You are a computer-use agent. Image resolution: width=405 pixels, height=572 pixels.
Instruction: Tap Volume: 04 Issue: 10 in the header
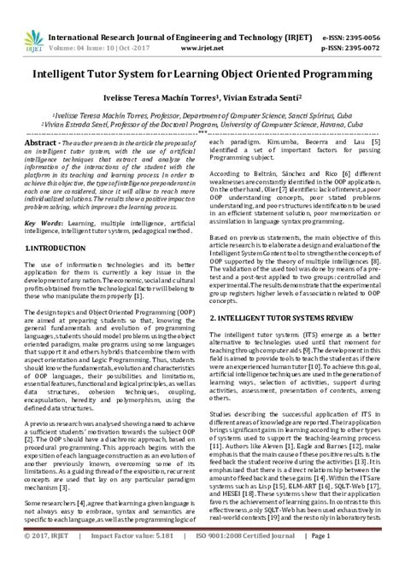pyautogui.click(x=103, y=26)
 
